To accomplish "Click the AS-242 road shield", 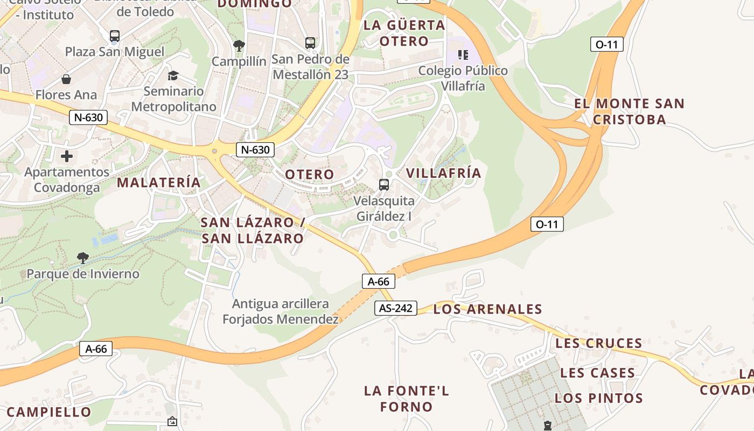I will tap(396, 308).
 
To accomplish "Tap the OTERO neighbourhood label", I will tap(309, 175).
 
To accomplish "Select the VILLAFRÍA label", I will tap(443, 173).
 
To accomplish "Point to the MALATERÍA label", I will tap(159, 183).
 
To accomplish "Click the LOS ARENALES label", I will tap(487, 309).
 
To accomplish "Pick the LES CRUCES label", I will tap(598, 343).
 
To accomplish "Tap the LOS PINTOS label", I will tap(598, 399).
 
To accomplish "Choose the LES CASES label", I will tap(597, 373).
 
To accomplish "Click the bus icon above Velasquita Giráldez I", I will tap(384, 185).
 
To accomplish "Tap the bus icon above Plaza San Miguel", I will tap(115, 36).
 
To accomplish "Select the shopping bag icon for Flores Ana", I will tap(66, 80).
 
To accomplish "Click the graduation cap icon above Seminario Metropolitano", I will tap(173, 75).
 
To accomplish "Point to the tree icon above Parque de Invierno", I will tap(82, 258).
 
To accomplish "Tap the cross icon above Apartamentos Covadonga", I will tap(67, 157).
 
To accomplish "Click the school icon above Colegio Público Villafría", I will tap(463, 55).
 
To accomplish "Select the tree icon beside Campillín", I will tap(239, 46).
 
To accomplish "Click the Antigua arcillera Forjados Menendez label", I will tap(281, 311).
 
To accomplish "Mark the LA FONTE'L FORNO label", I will tap(406, 399).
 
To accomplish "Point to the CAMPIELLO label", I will tap(49, 412).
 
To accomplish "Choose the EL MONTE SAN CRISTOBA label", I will tap(629, 112).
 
